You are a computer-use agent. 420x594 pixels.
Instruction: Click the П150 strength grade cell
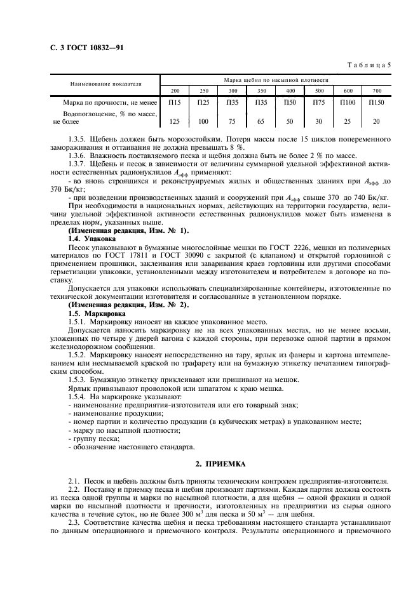[376, 102]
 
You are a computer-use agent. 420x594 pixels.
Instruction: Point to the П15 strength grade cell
[175, 102]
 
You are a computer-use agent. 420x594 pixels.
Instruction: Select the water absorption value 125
[175, 121]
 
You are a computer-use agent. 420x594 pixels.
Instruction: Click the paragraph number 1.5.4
[78, 397]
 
